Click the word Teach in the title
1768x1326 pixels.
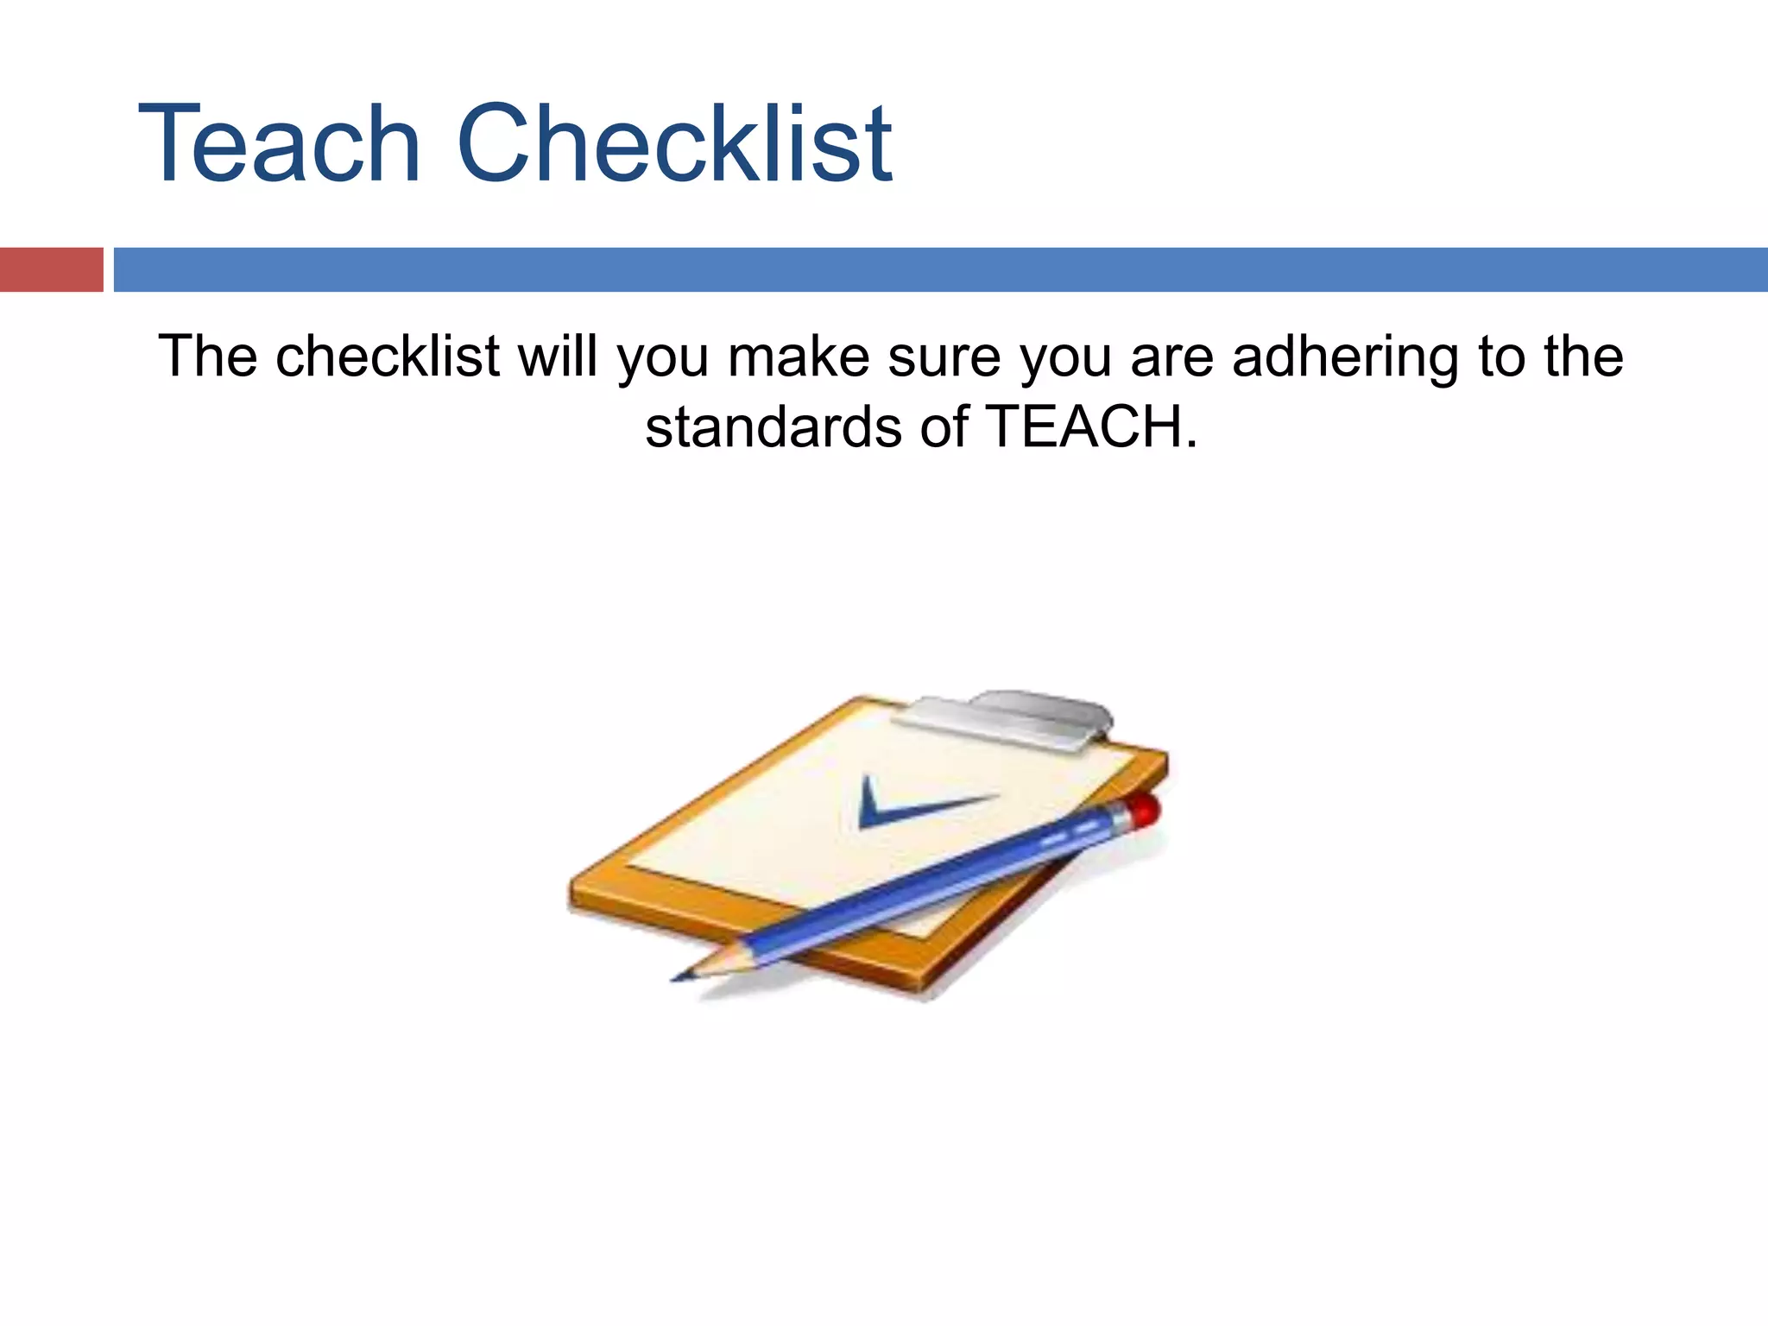(x=279, y=144)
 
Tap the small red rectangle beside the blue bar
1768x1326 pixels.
(x=51, y=269)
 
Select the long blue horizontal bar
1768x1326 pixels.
(x=940, y=269)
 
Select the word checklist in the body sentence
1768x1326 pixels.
(x=388, y=357)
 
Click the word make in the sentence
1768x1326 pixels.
(x=799, y=357)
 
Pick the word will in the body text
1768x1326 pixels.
(x=557, y=357)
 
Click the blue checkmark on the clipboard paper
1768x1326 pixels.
(x=906, y=805)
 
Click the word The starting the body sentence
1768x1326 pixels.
(x=208, y=357)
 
